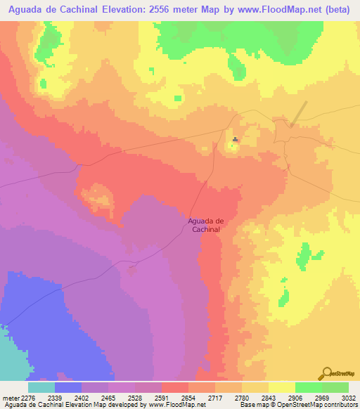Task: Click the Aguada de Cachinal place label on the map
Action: coord(205,225)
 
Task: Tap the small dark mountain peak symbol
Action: coord(235,139)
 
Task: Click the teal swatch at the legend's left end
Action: coord(41,387)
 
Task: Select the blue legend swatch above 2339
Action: coord(68,387)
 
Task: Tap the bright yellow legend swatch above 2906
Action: coord(281,387)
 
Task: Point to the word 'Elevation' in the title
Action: coord(144,10)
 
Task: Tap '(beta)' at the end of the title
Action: coord(340,10)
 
